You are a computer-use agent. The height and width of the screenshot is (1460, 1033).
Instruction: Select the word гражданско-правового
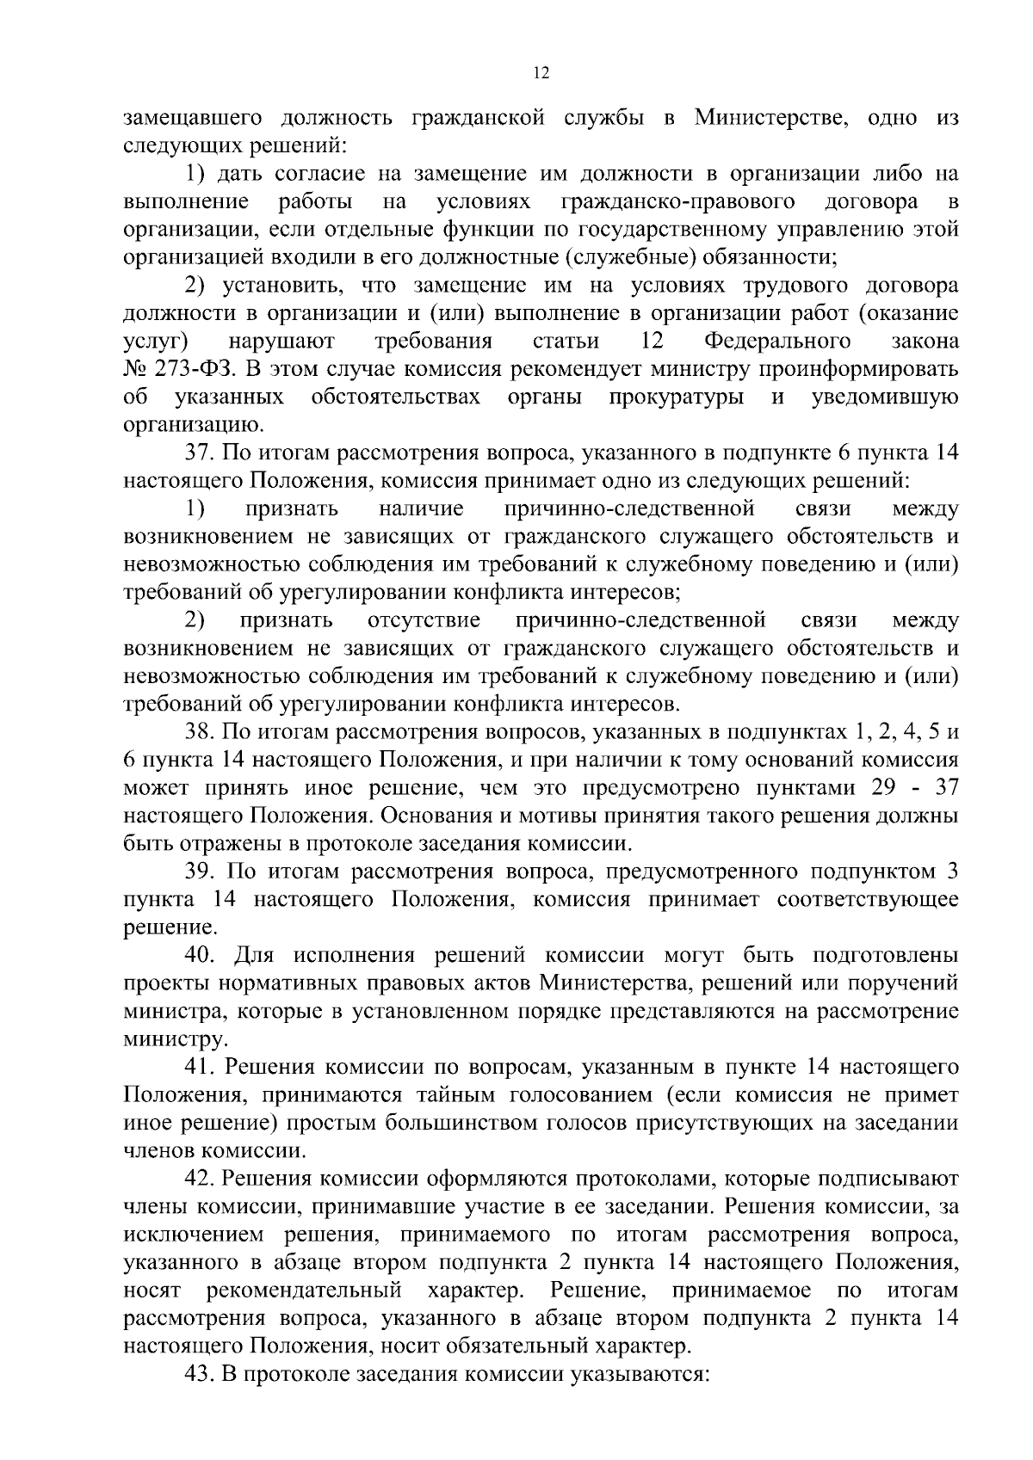click(677, 202)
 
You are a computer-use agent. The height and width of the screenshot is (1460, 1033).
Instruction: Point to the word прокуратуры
click(677, 397)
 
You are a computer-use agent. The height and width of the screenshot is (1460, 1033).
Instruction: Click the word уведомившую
click(885, 397)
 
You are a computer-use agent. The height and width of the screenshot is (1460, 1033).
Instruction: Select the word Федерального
click(777, 342)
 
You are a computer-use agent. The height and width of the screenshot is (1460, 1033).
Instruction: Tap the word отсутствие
click(424, 620)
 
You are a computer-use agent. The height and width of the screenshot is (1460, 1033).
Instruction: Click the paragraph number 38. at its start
click(200, 732)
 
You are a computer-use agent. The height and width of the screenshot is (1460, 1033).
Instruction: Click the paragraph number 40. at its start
click(201, 956)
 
